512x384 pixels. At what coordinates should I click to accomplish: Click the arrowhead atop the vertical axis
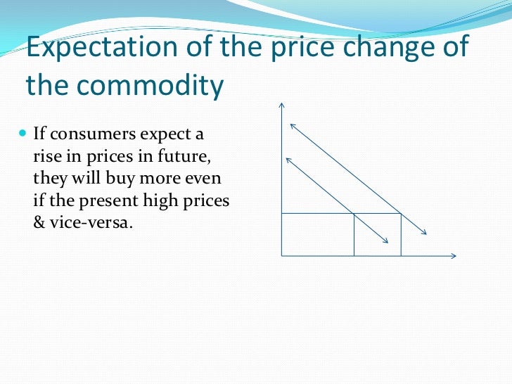click(281, 105)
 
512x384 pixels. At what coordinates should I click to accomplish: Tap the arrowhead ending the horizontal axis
click(455, 256)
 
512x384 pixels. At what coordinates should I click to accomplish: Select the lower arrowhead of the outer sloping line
click(424, 233)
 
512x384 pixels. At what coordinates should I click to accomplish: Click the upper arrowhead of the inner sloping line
click(287, 160)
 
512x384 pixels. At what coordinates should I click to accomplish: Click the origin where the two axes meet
click(281, 256)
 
